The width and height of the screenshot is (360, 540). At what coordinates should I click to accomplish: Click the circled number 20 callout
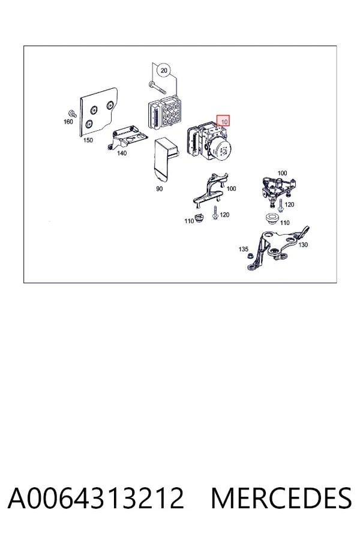point(164,71)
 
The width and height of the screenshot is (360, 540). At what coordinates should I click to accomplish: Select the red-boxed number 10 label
point(223,121)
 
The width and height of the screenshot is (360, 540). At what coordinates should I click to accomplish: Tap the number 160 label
point(68,122)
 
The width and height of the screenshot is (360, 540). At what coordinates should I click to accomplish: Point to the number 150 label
point(88,140)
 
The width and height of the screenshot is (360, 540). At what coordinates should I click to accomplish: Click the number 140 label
point(122,153)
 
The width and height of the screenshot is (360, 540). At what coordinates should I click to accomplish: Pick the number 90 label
point(159,189)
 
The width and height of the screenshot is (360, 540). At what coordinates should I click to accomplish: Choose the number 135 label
point(243,249)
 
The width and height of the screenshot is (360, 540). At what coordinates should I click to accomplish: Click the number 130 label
point(303,245)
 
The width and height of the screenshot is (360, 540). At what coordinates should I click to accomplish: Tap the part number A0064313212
point(96,498)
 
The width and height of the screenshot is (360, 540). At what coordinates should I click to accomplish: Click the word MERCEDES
point(281,498)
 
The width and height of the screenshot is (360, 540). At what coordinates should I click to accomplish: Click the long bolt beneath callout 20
point(157,88)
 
